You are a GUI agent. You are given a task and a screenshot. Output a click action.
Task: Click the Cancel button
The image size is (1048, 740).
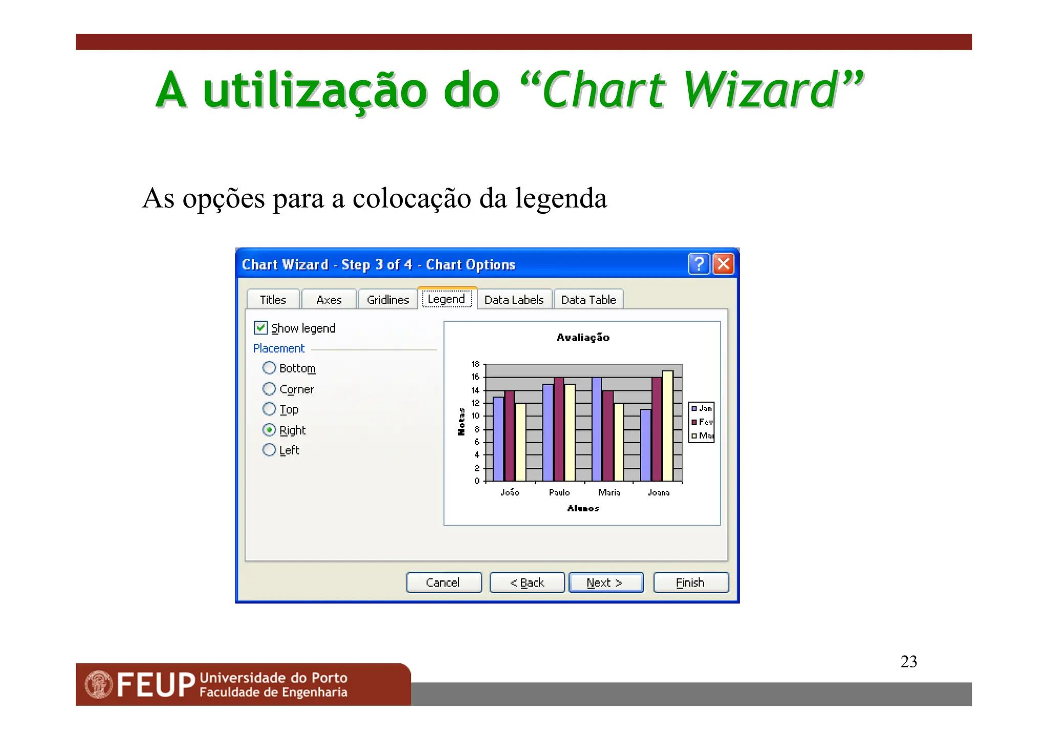(444, 582)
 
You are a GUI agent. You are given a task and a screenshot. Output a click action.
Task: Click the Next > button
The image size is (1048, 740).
(606, 582)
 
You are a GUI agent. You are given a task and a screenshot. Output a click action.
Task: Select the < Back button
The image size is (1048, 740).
(527, 582)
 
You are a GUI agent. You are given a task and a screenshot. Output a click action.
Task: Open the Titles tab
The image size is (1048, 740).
(273, 300)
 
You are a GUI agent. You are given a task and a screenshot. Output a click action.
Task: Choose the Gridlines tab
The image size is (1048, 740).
(388, 300)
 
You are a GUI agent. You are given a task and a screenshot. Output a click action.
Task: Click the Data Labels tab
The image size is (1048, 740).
(514, 300)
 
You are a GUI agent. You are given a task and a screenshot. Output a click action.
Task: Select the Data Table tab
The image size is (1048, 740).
(588, 300)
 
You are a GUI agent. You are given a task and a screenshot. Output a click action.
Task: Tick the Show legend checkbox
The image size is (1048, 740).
(261, 328)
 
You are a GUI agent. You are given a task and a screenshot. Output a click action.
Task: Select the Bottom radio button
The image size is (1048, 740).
(269, 368)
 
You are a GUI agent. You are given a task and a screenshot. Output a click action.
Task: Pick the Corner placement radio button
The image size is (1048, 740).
(269, 389)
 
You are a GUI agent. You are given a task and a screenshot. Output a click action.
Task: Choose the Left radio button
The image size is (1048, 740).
(269, 450)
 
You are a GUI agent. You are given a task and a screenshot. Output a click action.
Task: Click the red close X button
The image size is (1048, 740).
(724, 264)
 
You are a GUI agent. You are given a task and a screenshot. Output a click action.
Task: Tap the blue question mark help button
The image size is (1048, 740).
(698, 264)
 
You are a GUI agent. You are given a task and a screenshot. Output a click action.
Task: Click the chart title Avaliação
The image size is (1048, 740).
(583, 338)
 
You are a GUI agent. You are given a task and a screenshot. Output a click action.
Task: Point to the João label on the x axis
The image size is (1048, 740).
(510, 492)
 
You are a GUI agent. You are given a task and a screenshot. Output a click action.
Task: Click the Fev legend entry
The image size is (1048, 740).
(702, 422)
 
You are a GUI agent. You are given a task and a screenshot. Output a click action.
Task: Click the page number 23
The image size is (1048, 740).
(909, 661)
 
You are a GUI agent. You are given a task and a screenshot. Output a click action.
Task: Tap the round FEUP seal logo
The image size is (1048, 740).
(99, 684)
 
